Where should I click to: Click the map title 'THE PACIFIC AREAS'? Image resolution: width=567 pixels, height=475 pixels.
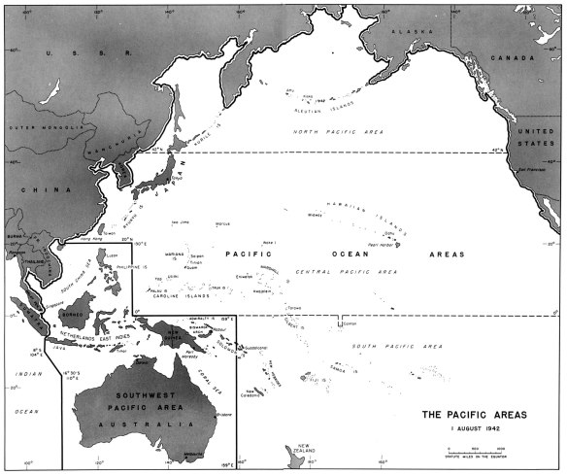[475, 415]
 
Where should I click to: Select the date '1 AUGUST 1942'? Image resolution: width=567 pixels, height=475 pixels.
[475, 428]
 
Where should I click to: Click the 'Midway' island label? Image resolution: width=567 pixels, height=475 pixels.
[315, 216]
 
